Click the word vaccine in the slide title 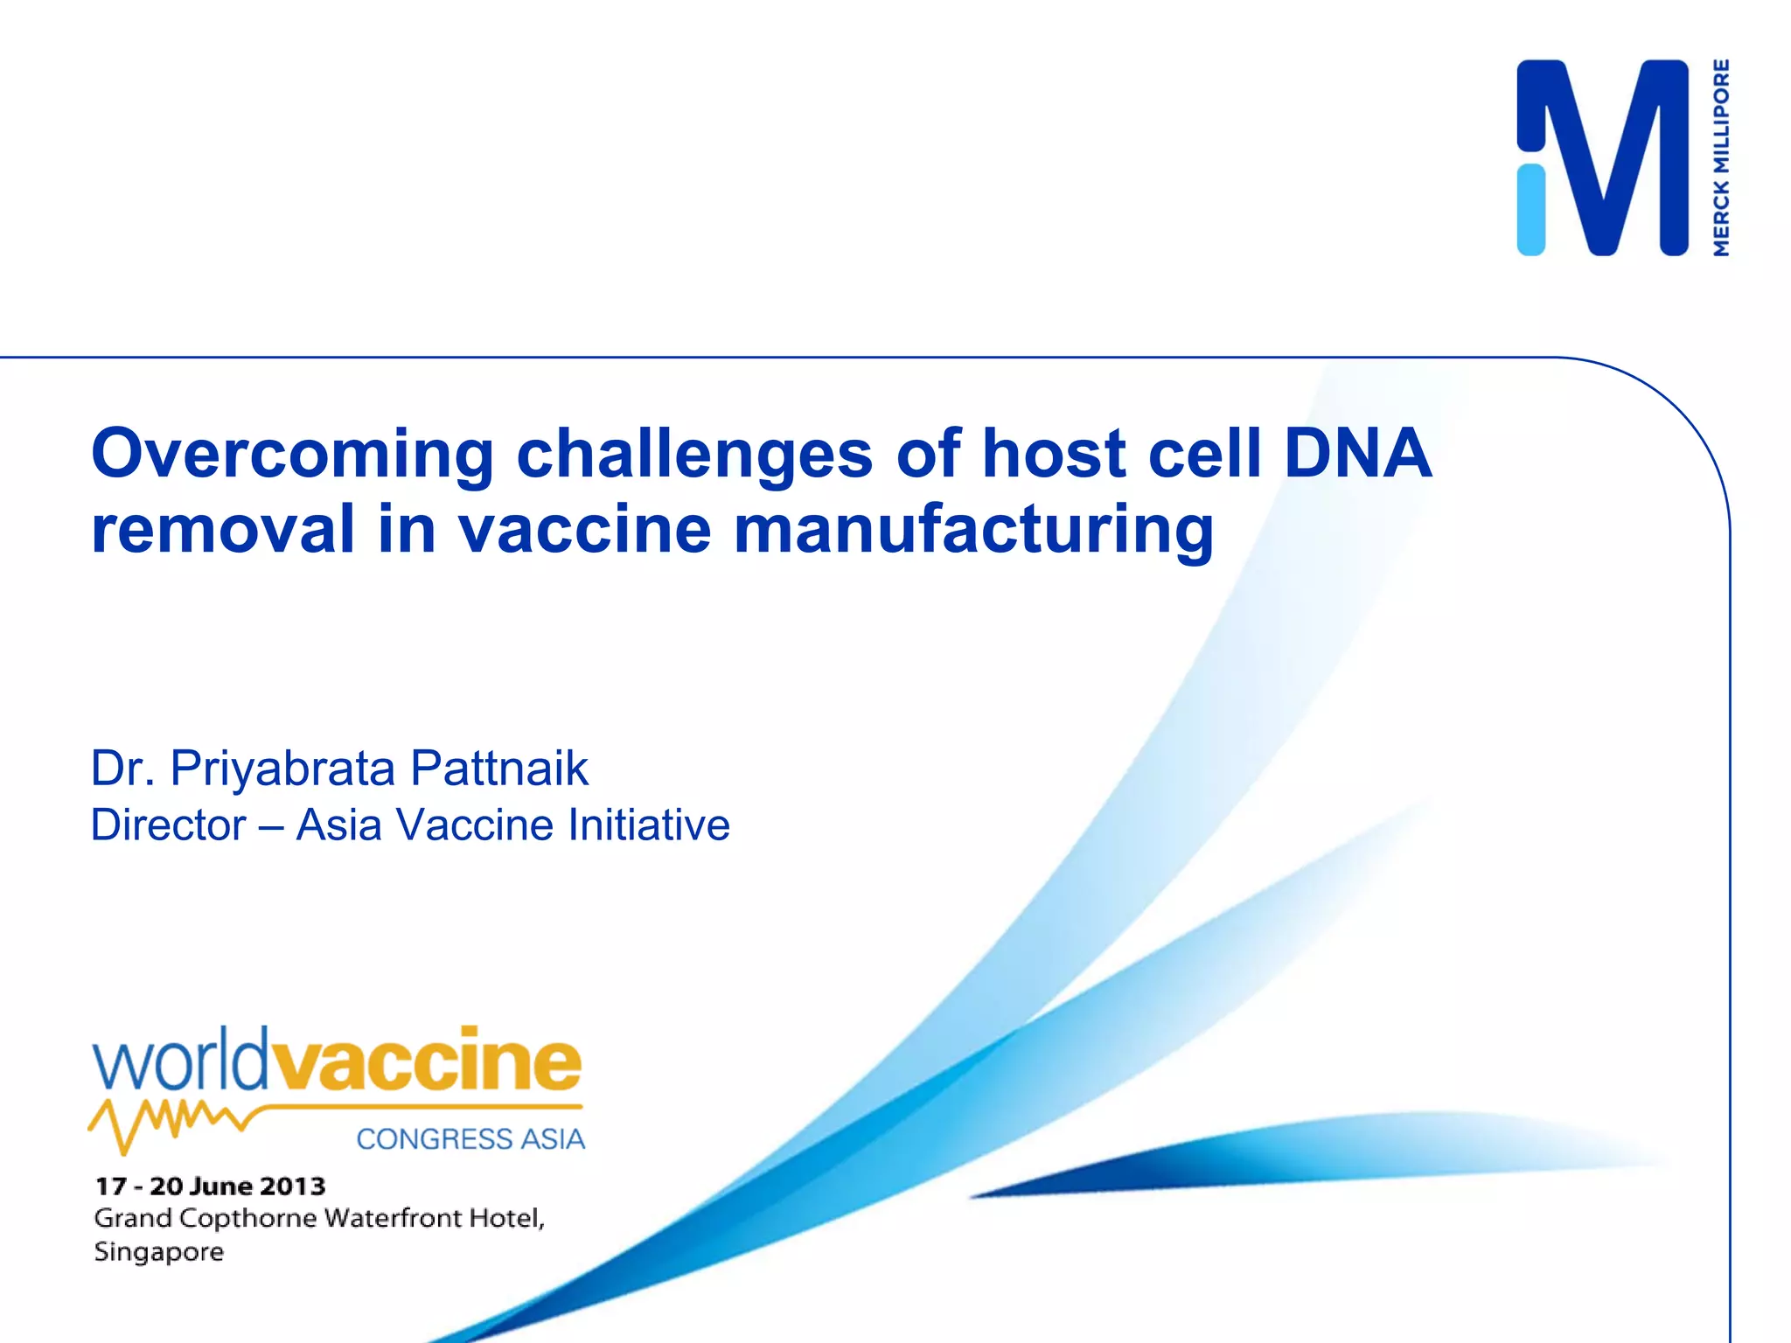pos(585,530)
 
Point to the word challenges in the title pos(694,455)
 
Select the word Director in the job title pos(169,825)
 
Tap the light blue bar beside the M pos(1530,210)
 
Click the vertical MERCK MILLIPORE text pos(1721,157)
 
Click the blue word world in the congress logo pos(179,1061)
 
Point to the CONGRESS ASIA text pos(470,1139)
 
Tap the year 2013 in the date pos(292,1186)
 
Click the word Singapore pos(159,1252)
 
